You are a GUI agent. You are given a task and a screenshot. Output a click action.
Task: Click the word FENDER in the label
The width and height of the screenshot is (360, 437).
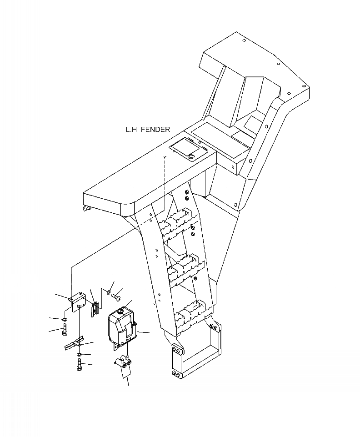[155, 130]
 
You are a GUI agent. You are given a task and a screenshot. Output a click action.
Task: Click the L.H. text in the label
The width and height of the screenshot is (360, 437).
[132, 130]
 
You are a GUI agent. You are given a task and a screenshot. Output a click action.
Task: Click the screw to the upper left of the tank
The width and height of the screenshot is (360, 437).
[115, 296]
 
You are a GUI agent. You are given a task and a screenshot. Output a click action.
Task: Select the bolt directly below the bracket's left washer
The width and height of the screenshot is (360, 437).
[64, 329]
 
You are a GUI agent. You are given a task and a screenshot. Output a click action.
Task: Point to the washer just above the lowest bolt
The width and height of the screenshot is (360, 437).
[80, 354]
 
